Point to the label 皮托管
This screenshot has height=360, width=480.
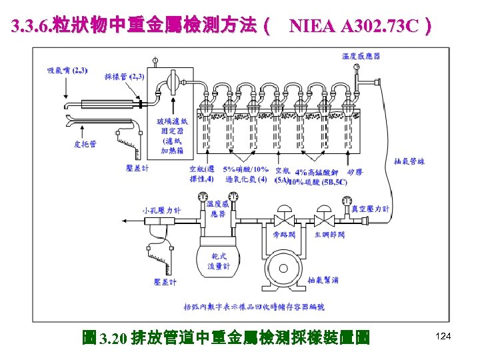click(85, 143)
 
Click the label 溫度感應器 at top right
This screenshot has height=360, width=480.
click(361, 57)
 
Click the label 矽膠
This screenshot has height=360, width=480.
click(354, 171)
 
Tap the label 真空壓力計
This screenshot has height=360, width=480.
click(371, 209)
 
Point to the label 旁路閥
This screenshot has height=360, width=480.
click(285, 234)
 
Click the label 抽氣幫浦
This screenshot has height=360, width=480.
click(323, 279)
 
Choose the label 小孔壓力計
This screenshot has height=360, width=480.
click(161, 210)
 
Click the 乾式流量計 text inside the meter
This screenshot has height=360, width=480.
click(221, 261)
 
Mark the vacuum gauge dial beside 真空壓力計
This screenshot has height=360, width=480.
click(346, 201)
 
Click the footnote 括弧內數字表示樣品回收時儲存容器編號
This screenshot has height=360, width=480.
click(253, 307)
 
